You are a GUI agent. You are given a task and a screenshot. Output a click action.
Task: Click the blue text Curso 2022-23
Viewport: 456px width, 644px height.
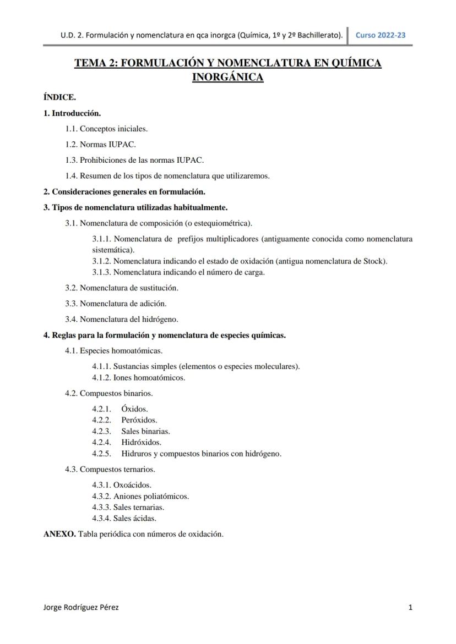381,35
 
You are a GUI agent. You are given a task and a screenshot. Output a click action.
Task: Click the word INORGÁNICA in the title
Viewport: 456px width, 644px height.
227,78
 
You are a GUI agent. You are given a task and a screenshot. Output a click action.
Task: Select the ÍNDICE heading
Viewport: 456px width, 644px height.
59,97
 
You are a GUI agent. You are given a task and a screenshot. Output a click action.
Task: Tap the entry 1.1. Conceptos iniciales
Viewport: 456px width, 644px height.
106,129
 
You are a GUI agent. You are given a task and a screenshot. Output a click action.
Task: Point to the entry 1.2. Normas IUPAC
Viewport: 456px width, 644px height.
100,145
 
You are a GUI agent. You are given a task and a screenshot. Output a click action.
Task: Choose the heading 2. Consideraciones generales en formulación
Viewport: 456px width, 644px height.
124,192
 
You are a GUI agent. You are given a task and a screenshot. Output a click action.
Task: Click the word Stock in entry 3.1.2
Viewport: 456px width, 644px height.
374,261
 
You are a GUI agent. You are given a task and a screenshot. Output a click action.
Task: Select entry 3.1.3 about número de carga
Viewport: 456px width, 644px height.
178,272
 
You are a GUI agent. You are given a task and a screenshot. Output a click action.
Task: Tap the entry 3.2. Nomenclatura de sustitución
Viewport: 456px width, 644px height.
122,288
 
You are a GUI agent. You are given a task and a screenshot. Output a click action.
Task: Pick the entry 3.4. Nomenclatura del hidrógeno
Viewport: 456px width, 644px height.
122,319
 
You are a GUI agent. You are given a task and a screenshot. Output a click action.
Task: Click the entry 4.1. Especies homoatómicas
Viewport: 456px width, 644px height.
113,350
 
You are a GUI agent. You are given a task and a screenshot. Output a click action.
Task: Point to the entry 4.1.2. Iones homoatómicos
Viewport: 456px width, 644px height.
138,378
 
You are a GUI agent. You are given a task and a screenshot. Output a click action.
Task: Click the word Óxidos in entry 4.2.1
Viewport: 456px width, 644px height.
134,409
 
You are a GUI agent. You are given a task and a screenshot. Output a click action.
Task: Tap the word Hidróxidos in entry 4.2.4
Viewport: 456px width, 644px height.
142,442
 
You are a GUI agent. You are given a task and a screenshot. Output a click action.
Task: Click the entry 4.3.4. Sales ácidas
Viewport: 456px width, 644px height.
124,518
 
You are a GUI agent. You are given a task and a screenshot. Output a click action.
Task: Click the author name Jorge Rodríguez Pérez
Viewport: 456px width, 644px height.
80,607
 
